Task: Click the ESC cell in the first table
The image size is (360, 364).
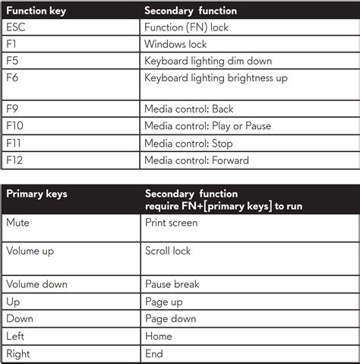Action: tap(16, 27)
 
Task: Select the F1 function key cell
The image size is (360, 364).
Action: tap(11, 43)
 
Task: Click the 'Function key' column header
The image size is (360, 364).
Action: tap(37, 10)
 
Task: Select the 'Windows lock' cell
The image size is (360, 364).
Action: tap(176, 43)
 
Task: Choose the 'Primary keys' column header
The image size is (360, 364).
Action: tap(36, 194)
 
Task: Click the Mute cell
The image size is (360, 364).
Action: tap(18, 223)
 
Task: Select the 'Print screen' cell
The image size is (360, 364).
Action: tap(171, 223)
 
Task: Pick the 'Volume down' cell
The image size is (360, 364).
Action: tap(36, 284)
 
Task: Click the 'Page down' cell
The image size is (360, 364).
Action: tap(170, 318)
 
